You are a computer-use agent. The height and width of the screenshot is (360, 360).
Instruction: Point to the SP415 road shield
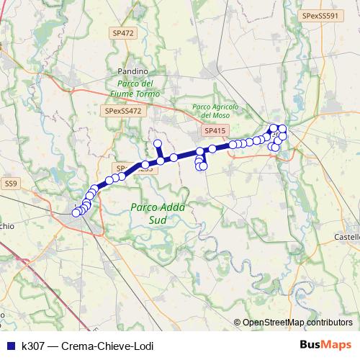[215, 130]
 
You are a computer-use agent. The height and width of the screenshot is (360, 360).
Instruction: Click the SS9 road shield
[11, 184]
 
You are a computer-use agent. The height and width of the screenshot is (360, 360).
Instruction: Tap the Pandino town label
[132, 72]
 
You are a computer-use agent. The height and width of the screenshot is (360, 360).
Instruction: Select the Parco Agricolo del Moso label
[210, 111]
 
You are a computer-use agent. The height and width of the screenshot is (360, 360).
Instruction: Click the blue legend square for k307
[9, 346]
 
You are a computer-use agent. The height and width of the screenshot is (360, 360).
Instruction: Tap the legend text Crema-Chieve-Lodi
[107, 346]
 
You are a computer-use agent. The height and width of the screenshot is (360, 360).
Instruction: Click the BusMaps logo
[325, 345]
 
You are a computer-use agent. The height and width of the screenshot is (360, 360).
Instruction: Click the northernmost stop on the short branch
[157, 143]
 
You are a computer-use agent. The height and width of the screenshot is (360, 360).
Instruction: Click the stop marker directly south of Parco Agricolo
[212, 149]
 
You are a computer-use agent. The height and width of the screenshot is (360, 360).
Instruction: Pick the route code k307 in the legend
[34, 346]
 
